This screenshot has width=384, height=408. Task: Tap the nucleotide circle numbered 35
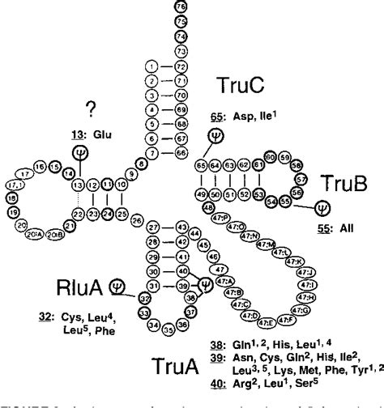tap(167, 329)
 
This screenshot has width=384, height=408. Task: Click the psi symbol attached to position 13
tap(79, 152)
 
